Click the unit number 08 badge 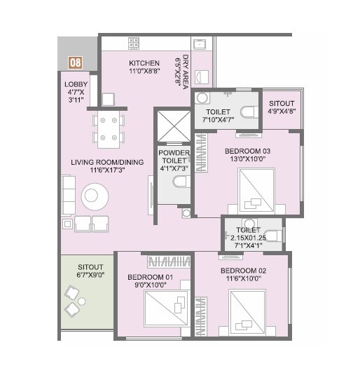pos(74,62)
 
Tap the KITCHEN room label pos(144,67)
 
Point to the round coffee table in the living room pos(94,196)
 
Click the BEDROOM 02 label pos(242,275)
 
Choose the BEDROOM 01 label pos(150,281)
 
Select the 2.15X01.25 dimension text pos(249,237)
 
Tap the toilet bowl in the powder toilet pos(179,182)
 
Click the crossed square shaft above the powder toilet pos(169,125)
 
